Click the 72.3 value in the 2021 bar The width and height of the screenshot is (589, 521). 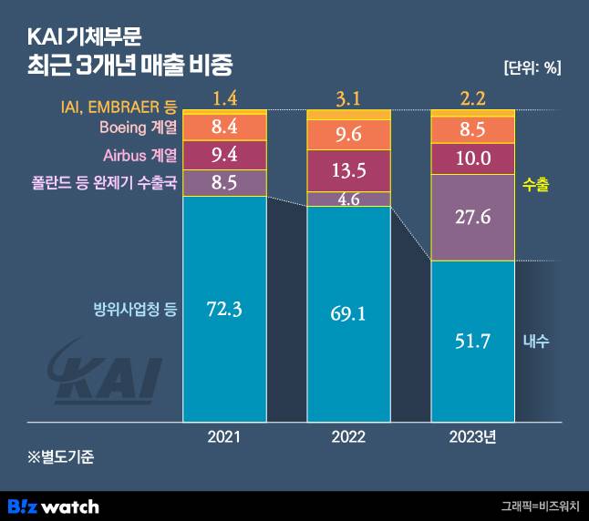(x=224, y=309)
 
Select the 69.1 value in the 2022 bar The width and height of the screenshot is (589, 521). (x=348, y=315)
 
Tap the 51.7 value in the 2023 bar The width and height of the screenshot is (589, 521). (x=472, y=342)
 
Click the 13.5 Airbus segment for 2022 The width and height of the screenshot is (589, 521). (x=348, y=170)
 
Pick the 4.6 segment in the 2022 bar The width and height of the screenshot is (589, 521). (x=348, y=199)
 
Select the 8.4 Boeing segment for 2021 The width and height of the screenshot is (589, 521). (x=224, y=127)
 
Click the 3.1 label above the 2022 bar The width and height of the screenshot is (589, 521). (x=348, y=96)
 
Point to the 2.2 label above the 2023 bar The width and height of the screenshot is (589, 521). (x=472, y=96)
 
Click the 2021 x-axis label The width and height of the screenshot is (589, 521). (x=224, y=437)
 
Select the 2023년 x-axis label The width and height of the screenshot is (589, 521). (x=472, y=437)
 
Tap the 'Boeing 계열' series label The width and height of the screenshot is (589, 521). (x=138, y=127)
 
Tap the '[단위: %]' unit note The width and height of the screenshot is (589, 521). (x=532, y=66)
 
